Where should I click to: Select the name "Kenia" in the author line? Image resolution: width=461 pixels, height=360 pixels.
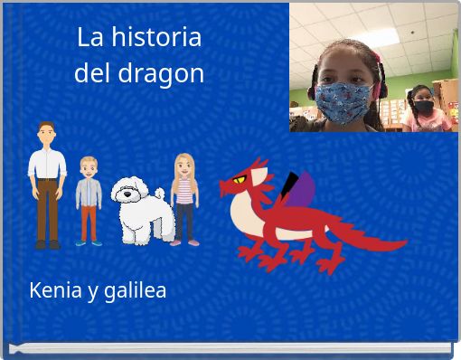pos(55,290)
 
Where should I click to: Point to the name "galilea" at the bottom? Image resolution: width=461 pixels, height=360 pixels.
pos(135,291)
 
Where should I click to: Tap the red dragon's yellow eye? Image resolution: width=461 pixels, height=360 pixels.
pos(240,180)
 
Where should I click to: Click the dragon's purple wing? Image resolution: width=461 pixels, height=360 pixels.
pos(305,193)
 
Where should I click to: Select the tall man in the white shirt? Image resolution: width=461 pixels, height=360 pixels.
pos(46,185)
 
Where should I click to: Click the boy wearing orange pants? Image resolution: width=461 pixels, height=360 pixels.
pos(89,202)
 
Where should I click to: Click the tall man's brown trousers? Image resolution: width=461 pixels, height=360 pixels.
pos(47,209)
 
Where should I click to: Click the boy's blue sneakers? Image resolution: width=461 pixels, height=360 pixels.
pos(89,242)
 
